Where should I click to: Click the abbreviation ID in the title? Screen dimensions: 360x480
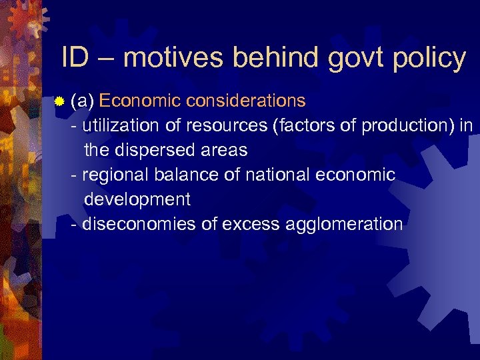point(74,59)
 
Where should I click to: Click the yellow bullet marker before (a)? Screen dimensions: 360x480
point(59,102)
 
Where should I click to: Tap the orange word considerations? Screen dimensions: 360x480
point(246,101)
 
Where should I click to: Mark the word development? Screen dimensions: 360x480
point(137,199)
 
